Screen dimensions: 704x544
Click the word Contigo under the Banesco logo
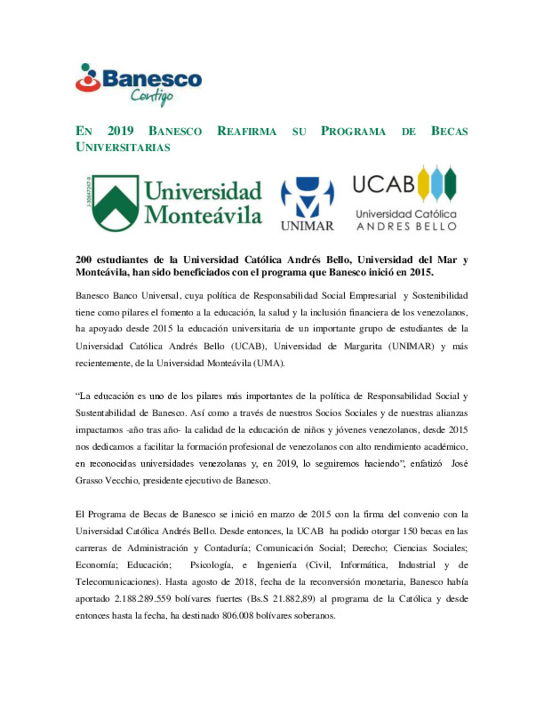coord(152,96)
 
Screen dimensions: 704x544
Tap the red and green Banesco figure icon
coord(89,79)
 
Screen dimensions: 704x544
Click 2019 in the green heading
coord(120,131)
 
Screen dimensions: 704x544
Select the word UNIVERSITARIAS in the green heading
coord(123,147)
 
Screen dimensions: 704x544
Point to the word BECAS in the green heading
coord(449,131)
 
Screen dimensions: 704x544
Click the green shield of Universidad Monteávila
coord(115,202)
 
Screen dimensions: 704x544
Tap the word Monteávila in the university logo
coord(203,216)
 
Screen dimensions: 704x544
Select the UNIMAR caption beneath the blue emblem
coord(307,226)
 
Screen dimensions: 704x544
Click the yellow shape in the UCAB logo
coord(424,183)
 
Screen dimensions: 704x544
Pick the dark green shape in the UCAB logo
coord(450,183)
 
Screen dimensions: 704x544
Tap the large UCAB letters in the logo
coord(384,184)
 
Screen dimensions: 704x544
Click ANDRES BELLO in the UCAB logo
coord(406,227)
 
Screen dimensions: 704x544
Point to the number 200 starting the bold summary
coord(83,260)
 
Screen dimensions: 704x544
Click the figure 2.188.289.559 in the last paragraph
coord(143,599)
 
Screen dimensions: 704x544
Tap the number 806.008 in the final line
coord(237,615)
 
